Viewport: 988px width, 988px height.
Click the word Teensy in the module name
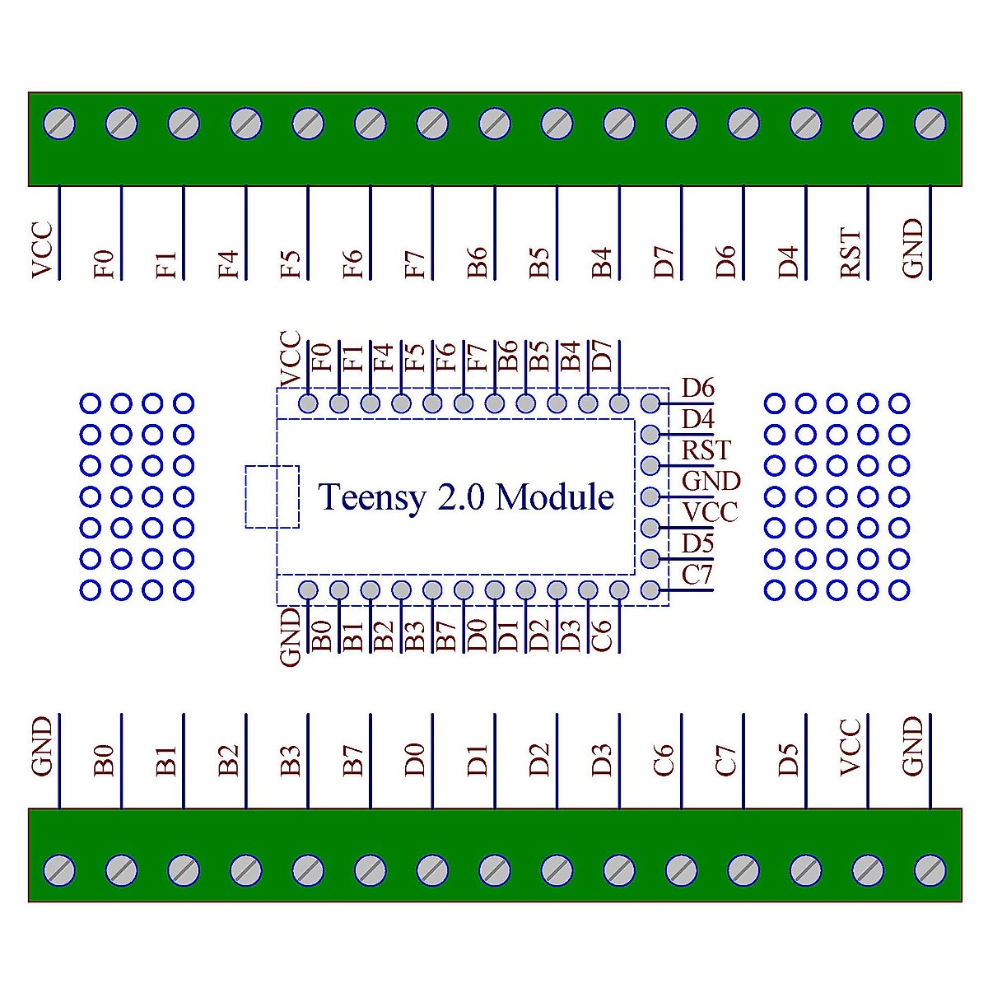pyautogui.click(x=371, y=498)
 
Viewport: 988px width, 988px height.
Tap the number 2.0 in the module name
pyautogui.click(x=461, y=496)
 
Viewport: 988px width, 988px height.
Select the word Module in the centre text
pyautogui.click(x=555, y=496)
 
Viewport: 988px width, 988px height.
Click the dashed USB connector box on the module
pyautogui.click(x=272, y=496)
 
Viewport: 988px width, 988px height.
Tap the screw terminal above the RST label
pyautogui.click(x=868, y=123)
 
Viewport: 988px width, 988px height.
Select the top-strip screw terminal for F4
pyautogui.click(x=246, y=123)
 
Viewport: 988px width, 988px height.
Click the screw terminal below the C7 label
pyautogui.click(x=743, y=870)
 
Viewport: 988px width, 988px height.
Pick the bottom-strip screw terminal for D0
pyautogui.click(x=432, y=870)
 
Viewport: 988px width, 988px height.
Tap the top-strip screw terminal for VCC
pyautogui.click(x=59, y=123)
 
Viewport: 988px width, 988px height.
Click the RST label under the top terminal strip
pyautogui.click(x=850, y=254)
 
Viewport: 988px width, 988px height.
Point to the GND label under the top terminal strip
pyautogui.click(x=912, y=249)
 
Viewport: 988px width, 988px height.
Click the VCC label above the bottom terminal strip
pyautogui.click(x=850, y=748)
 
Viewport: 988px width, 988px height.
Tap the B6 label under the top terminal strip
pyautogui.click(x=478, y=263)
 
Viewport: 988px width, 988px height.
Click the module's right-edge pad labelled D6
pyautogui.click(x=650, y=403)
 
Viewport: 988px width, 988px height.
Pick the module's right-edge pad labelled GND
pyautogui.click(x=650, y=496)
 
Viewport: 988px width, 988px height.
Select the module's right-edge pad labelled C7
pyautogui.click(x=650, y=590)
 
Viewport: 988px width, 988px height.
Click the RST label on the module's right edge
pyautogui.click(x=706, y=450)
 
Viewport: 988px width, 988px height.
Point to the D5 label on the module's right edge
pyautogui.click(x=698, y=543)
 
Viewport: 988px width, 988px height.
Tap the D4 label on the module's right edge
pyautogui.click(x=698, y=419)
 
